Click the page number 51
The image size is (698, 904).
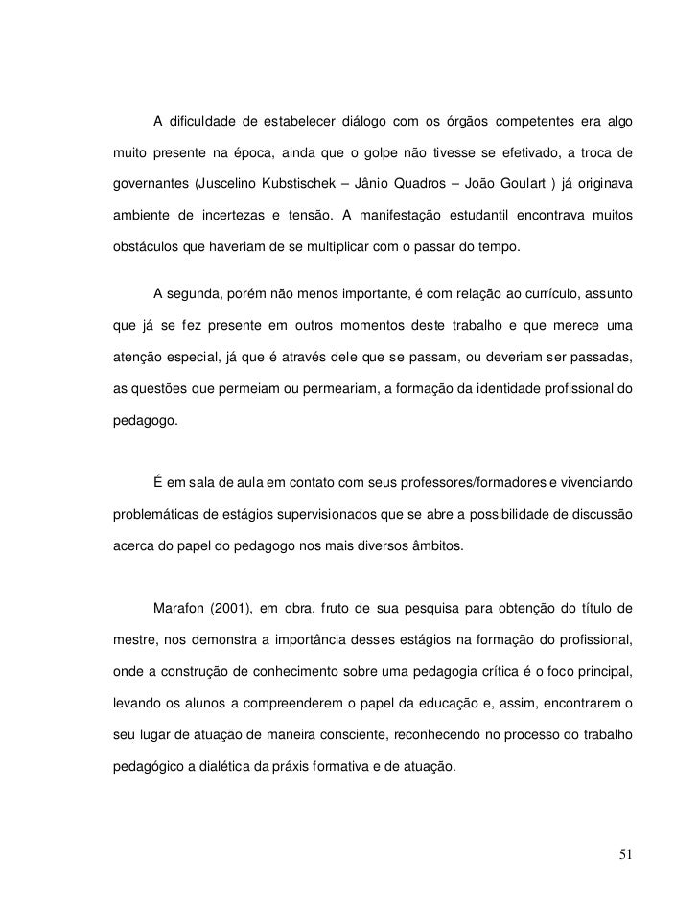coord(626,854)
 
